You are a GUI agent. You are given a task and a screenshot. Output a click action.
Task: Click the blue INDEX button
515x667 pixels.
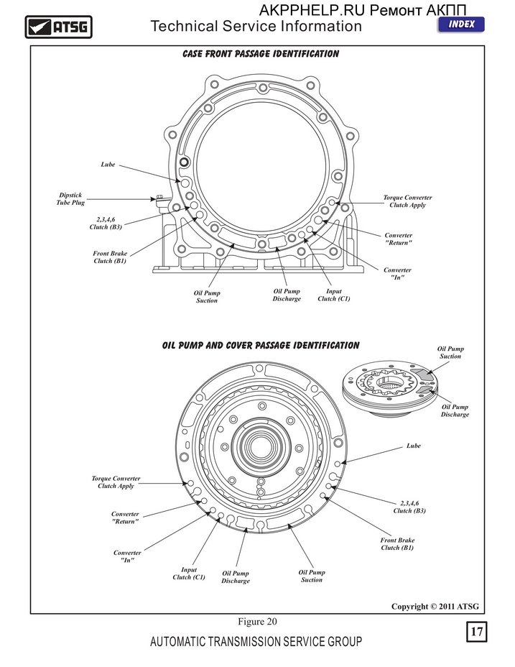461,24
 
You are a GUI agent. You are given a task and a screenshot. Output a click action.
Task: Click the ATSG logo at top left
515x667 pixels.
58,27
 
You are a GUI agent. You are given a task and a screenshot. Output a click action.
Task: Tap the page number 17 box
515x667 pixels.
476,631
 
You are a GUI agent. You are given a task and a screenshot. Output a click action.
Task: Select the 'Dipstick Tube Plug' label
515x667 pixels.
70,198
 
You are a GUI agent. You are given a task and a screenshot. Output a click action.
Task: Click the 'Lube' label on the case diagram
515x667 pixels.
108,164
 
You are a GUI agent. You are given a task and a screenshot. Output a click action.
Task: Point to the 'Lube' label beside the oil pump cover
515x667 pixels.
413,446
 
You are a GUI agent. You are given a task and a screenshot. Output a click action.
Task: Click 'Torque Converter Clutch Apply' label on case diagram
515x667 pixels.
407,201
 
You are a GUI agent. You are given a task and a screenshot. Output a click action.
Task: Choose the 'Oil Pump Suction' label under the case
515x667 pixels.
207,297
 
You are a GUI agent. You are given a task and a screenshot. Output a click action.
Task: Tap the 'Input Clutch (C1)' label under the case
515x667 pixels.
334,295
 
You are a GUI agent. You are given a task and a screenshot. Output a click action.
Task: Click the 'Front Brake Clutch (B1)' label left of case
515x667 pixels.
110,257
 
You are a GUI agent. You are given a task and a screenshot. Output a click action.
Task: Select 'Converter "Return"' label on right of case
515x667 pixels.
399,239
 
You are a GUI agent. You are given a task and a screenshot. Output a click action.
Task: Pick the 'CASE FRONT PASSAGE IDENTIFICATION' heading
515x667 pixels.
261,54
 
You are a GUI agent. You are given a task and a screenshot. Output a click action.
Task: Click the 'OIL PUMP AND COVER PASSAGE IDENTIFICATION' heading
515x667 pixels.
261,345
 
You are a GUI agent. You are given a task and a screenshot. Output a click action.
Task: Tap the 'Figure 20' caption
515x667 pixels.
257,622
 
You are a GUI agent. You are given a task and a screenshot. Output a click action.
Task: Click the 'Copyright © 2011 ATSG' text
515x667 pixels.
435,606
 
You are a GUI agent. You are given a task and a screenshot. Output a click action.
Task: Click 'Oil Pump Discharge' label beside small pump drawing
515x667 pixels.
455,410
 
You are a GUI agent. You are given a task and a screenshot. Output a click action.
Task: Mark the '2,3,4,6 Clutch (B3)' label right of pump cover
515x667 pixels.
409,507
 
